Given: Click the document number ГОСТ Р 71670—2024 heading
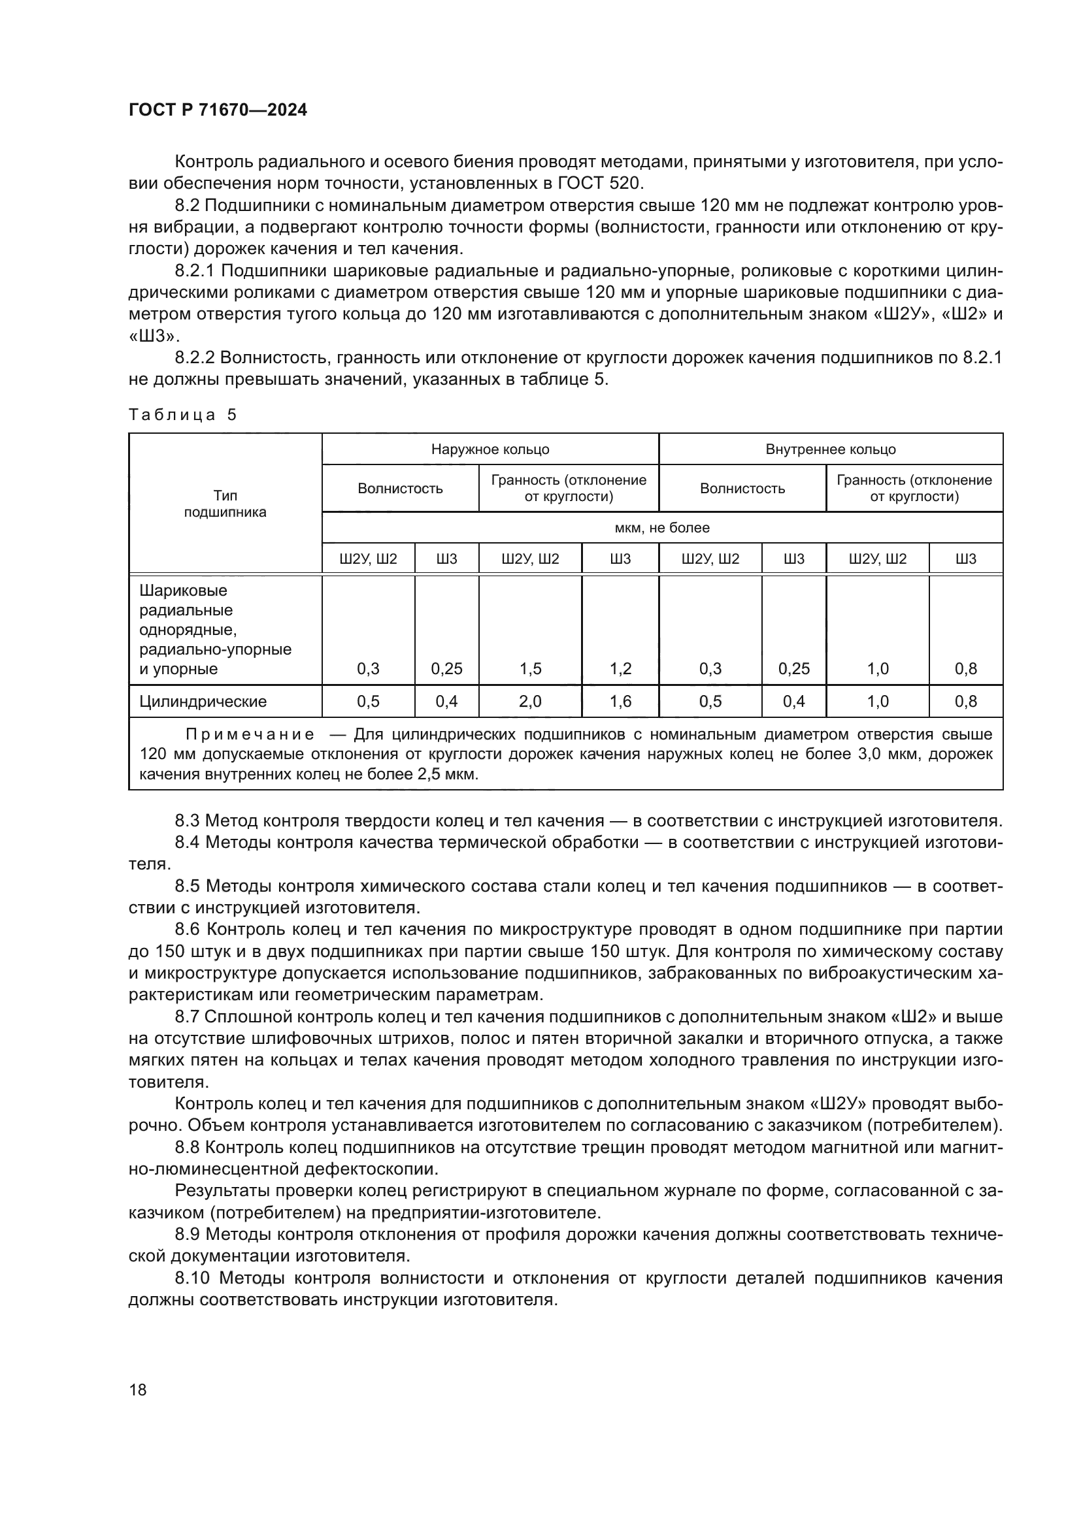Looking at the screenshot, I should pyautogui.click(x=218, y=110).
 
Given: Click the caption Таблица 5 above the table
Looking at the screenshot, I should pyautogui.click(x=182, y=415).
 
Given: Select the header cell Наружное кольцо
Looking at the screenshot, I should pyautogui.click(x=490, y=449).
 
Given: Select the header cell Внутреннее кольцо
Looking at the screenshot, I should pyautogui.click(x=830, y=449).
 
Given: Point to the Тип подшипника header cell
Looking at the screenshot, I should pyautogui.click(x=225, y=504).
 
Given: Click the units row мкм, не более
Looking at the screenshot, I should pyautogui.click(x=661, y=528).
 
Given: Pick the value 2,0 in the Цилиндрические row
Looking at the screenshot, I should pyautogui.click(x=530, y=702).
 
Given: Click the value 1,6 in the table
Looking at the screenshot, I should pyautogui.click(x=620, y=702).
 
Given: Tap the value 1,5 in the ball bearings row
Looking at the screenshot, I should pyautogui.click(x=530, y=669).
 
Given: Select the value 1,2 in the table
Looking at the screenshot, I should pyautogui.click(x=620, y=669).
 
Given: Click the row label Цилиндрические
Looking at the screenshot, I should pyautogui.click(x=203, y=702).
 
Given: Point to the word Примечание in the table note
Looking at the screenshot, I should pyautogui.click(x=250, y=735).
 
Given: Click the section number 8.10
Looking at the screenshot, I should pyautogui.click(x=192, y=1278).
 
